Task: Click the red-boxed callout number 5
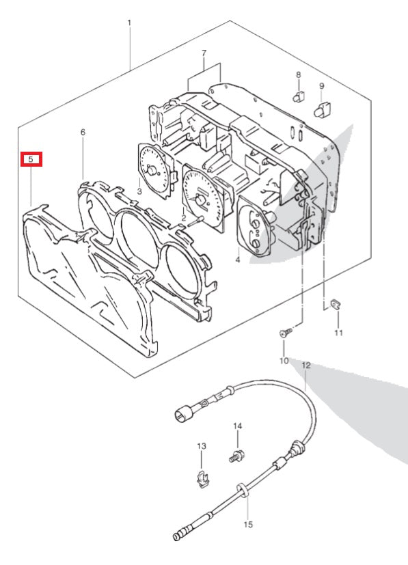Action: (31, 159)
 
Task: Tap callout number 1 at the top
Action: (129, 23)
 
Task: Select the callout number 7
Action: (204, 53)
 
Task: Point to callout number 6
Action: (83, 133)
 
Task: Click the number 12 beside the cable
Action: (306, 366)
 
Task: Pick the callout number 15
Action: (248, 524)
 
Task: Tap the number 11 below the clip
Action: (338, 333)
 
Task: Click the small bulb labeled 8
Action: (299, 96)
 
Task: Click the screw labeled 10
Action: (286, 332)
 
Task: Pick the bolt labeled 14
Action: (236, 456)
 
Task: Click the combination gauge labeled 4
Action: (255, 226)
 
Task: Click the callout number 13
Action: (202, 446)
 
